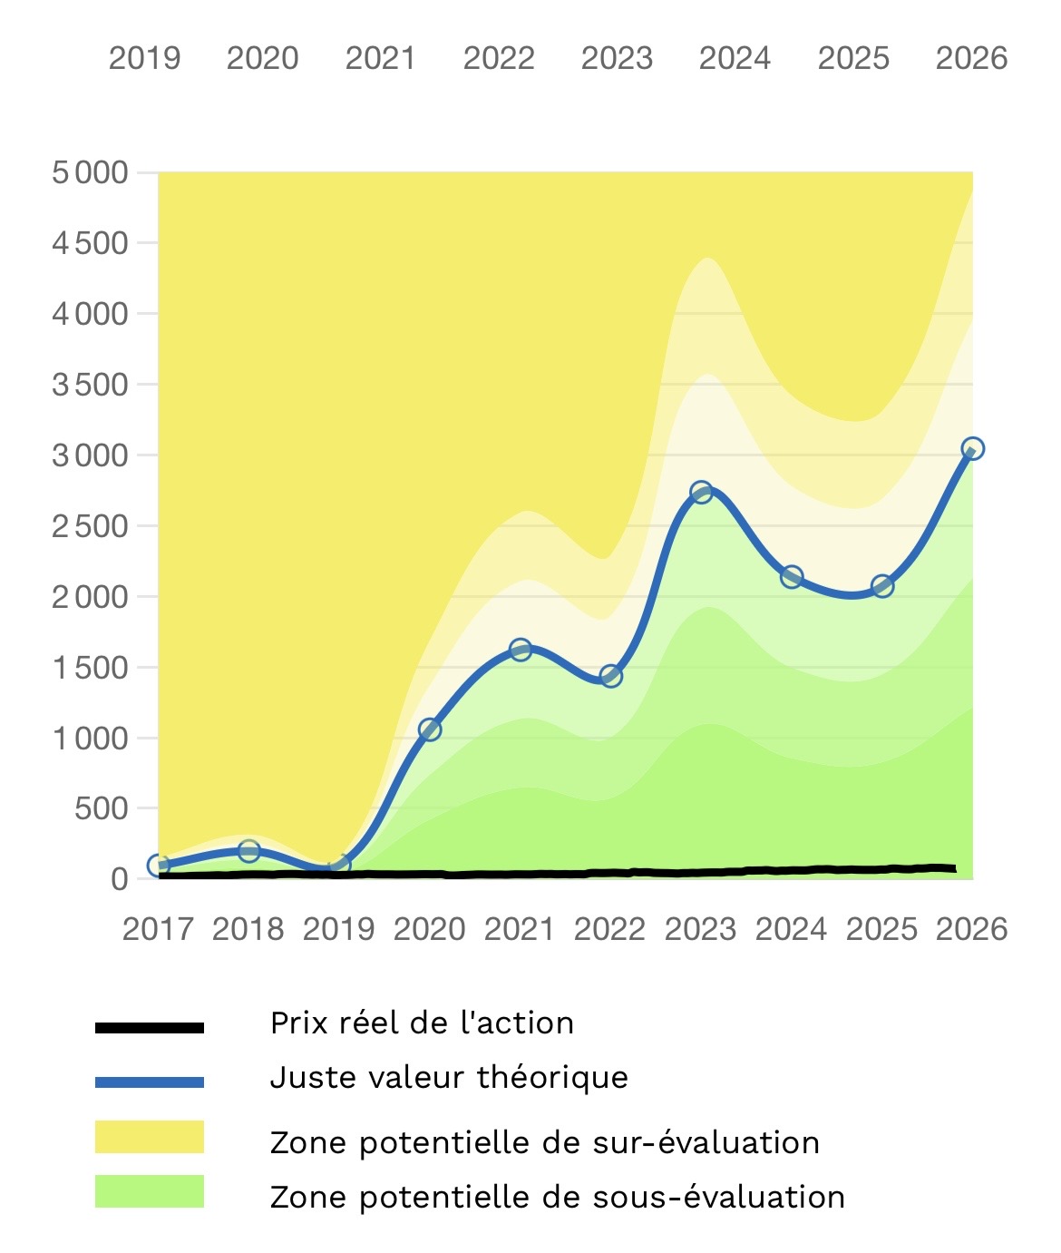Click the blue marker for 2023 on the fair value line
701,493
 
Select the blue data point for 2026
972,448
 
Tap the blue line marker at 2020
430,729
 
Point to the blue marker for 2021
521,650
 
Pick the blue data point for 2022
610,676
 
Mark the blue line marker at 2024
792,577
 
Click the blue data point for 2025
882,586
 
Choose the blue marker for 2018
249,851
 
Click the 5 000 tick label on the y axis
90,172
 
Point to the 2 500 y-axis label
90,526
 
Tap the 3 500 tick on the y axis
90,385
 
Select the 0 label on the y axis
120,879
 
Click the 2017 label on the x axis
158,929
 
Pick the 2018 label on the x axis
248,929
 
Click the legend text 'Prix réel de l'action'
422,1023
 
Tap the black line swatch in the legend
150,1028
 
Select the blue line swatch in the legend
150,1082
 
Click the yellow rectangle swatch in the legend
150,1137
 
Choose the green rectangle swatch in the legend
150,1191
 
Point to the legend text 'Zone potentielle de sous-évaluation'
558,1198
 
